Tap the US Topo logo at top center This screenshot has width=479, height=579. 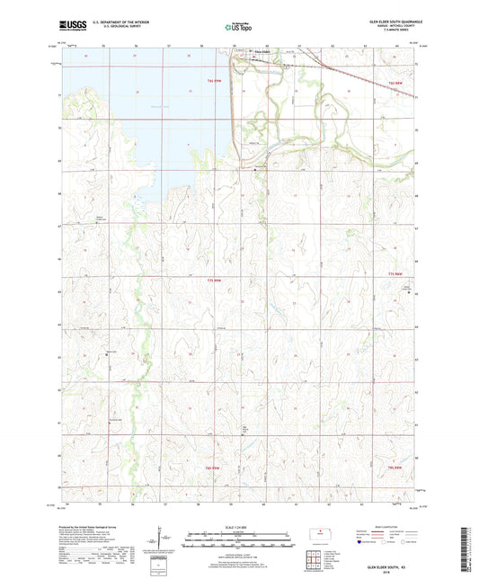coord(238,27)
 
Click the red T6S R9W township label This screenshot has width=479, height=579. coord(207,80)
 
